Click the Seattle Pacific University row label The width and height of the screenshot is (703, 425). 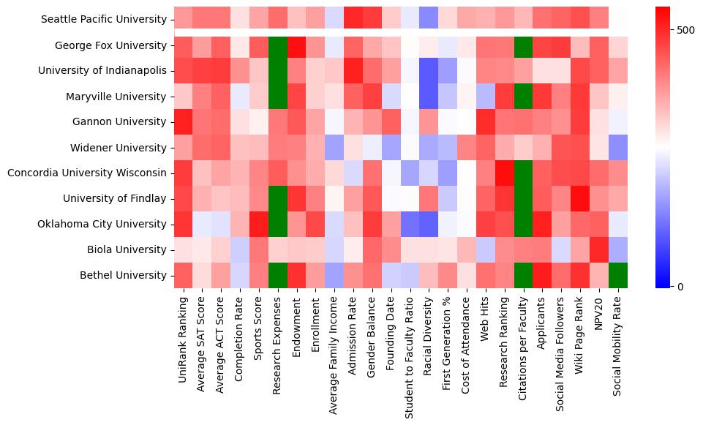(104, 19)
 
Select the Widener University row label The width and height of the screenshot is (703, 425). (119, 147)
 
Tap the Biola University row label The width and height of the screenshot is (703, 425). (125, 249)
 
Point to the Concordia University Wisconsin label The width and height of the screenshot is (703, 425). (86, 173)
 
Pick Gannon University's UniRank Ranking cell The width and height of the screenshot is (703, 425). (183, 121)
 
